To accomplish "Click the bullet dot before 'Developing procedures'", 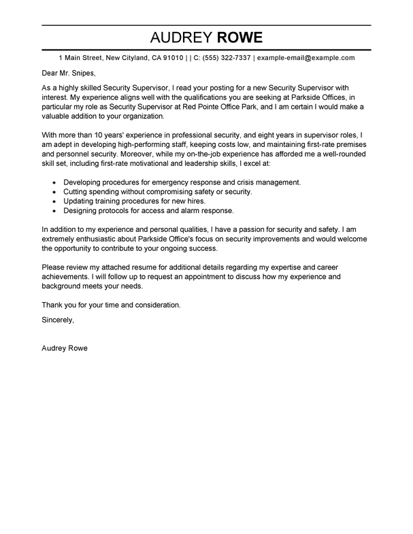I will click(54, 183).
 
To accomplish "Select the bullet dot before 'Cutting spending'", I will click(54, 193).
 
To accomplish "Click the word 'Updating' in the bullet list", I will click(79, 202).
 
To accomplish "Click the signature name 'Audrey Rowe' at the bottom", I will click(65, 349).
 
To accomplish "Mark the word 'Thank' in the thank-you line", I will click(53, 304).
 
